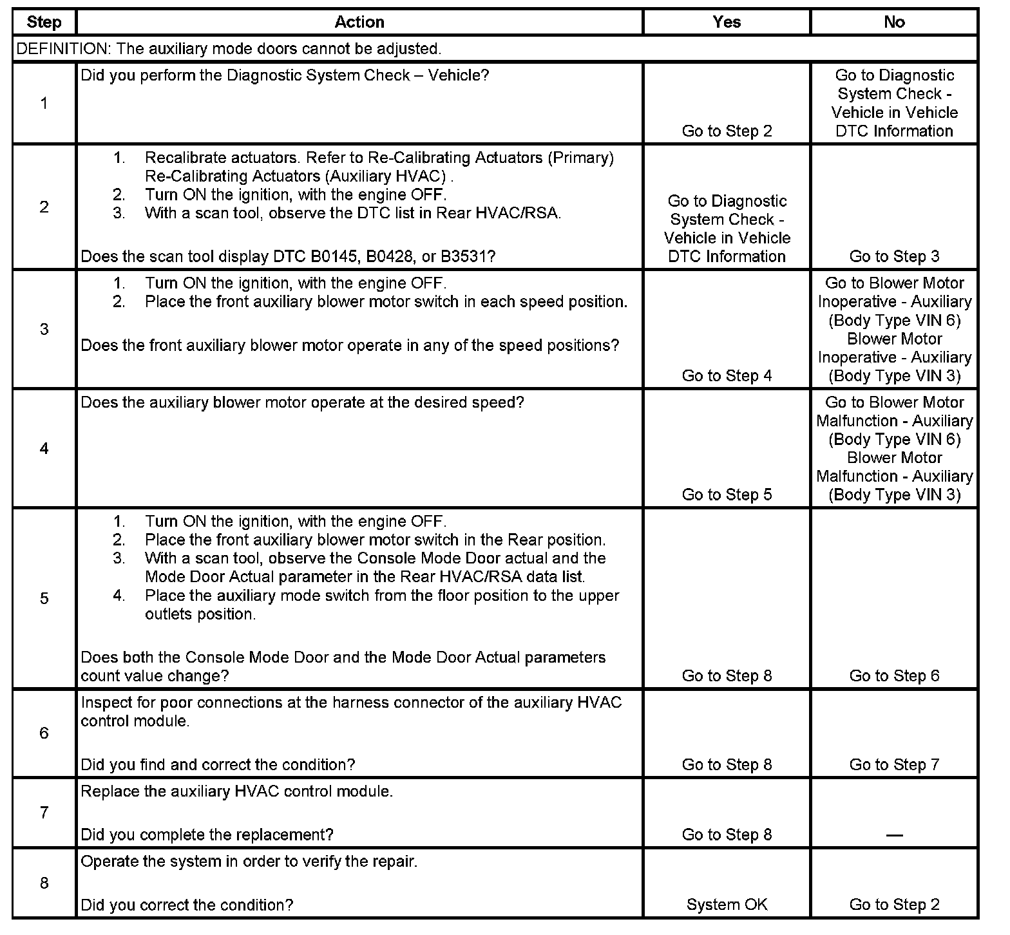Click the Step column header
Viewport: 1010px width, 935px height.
tap(44, 23)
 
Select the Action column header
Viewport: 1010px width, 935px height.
tap(359, 23)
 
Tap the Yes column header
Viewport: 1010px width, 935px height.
tap(727, 23)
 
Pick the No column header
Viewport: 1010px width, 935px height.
tap(894, 23)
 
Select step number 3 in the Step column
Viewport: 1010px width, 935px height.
tap(44, 330)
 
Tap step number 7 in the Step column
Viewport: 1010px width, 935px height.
tap(44, 813)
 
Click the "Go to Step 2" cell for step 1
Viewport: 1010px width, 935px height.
tap(727, 131)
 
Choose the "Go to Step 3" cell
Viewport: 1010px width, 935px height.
tap(894, 257)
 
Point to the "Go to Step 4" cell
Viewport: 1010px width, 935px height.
tap(727, 376)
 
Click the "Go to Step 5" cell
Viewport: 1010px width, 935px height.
tap(727, 495)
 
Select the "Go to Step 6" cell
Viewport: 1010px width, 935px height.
tap(894, 676)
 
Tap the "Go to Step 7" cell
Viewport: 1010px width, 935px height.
tap(894, 765)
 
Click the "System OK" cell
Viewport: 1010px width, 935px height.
tap(727, 905)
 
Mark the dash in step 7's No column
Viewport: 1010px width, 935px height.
tap(894, 836)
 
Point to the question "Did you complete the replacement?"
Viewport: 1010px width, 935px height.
tap(207, 835)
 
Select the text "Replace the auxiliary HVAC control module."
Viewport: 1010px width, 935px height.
tap(236, 791)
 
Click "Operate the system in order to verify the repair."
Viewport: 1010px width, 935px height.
tap(249, 862)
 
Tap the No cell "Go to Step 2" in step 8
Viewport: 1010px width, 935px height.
tap(894, 905)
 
